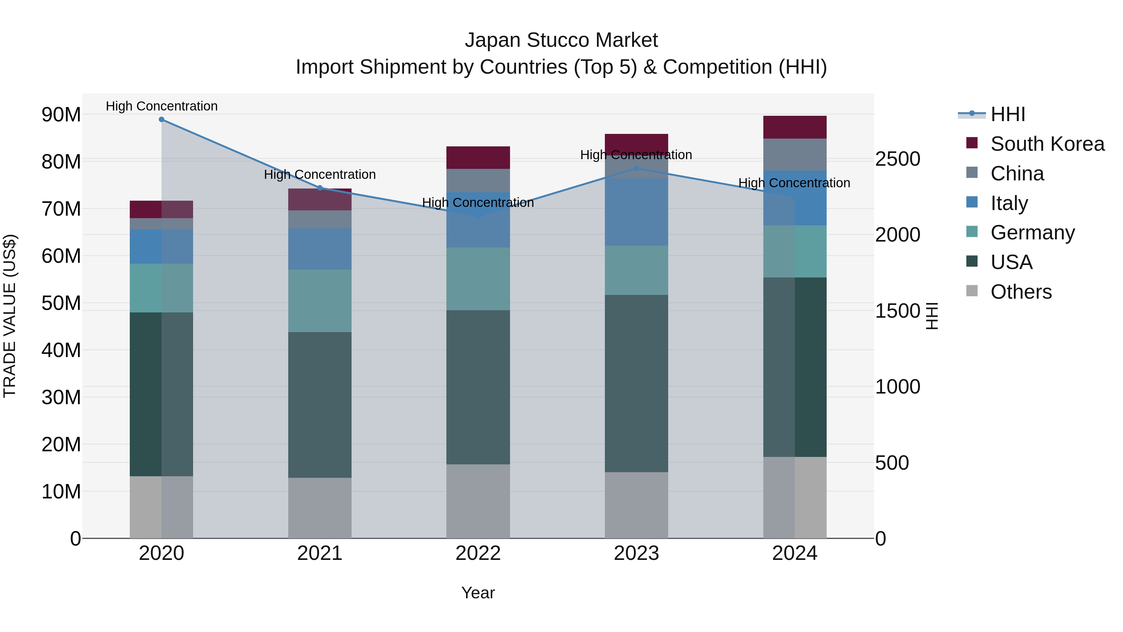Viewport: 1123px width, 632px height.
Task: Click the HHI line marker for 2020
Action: (x=161, y=120)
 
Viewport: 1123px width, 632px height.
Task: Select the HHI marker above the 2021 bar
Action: (x=319, y=188)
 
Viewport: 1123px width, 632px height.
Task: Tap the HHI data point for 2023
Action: (x=636, y=168)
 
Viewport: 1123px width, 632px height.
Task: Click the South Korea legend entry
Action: (x=1047, y=144)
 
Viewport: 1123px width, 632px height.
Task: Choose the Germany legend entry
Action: (x=1032, y=233)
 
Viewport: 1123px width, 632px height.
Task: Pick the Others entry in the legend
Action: (x=1021, y=292)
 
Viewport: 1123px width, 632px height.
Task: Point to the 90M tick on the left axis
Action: (x=61, y=115)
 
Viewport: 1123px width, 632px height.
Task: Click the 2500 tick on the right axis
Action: (x=897, y=159)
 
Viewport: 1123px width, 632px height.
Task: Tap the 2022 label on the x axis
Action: (x=478, y=553)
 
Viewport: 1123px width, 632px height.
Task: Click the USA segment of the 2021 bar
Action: (x=319, y=405)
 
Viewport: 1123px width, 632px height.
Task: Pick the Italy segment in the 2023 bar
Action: (x=636, y=212)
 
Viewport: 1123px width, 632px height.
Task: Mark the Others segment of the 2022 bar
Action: (x=478, y=501)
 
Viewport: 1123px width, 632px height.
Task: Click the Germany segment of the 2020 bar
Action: (x=161, y=288)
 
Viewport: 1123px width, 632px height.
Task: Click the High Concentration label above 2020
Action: (x=161, y=106)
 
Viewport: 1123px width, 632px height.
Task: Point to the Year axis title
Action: (x=478, y=593)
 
